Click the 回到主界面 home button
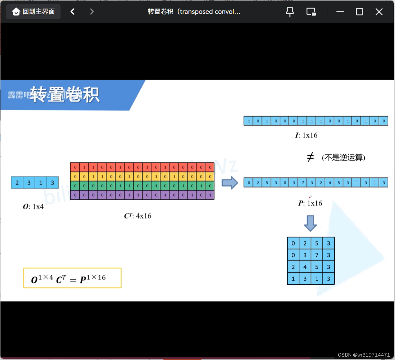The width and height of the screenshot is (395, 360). tap(33, 12)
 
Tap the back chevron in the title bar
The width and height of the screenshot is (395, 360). tap(73, 12)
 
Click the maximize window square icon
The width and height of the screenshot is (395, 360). tap(359, 12)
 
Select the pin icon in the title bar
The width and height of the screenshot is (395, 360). tap(290, 12)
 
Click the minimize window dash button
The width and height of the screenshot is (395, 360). tap(340, 12)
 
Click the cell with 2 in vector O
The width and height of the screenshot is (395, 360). tap(17, 183)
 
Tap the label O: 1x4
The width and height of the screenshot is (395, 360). tap(33, 207)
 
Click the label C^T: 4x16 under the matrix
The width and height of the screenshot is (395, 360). tap(138, 216)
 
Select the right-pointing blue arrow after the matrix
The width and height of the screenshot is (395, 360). tap(230, 183)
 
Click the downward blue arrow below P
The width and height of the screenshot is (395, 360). tap(310, 223)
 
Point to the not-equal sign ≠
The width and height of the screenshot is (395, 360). tap(310, 157)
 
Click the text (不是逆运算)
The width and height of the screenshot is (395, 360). tap(343, 158)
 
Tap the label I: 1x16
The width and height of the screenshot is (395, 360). tap(306, 135)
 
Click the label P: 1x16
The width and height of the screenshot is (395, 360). tap(310, 203)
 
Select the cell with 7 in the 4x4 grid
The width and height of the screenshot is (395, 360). tap(317, 255)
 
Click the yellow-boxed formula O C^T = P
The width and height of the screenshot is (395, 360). tap(72, 278)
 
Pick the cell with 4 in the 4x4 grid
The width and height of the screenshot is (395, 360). tap(305, 267)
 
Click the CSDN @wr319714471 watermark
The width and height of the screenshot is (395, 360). tap(364, 355)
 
